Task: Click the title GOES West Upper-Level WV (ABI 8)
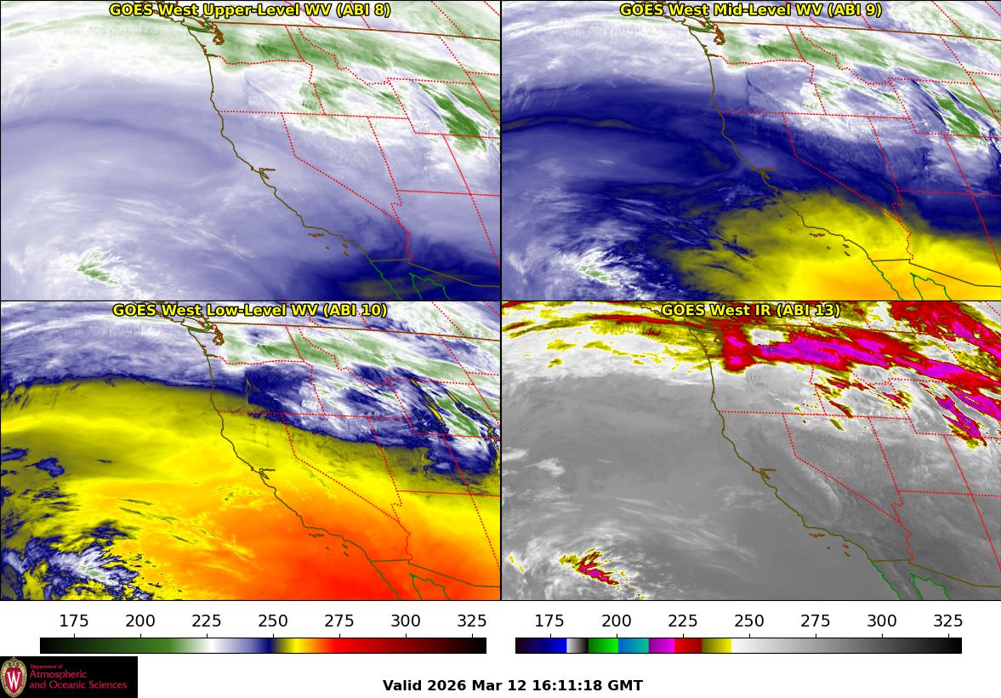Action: [250, 10]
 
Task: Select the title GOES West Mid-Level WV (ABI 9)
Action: [750, 10]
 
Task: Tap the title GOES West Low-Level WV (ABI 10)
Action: [250, 311]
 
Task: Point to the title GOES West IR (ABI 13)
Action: [750, 311]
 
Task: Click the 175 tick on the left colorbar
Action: [74, 621]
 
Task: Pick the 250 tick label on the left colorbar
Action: [273, 621]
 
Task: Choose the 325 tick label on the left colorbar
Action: [472, 621]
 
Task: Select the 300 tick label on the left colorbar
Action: [406, 621]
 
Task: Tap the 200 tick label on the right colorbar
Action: [616, 621]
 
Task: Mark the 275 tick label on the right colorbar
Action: [815, 621]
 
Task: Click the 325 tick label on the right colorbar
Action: [947, 621]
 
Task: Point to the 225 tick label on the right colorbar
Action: [682, 621]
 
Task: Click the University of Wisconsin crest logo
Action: [14, 677]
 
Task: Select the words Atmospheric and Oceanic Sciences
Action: [77, 679]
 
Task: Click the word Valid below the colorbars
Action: [402, 685]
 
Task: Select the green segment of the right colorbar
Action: [603, 645]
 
